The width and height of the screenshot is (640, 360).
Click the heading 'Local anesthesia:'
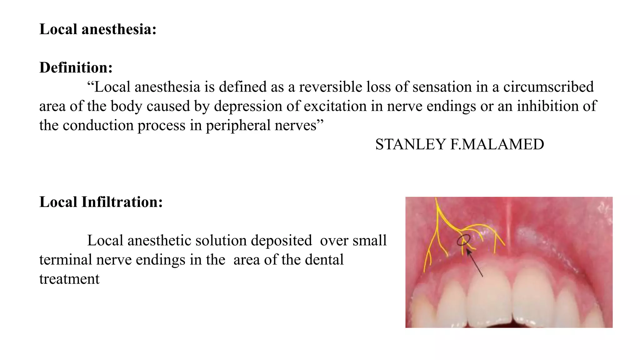(x=98, y=29)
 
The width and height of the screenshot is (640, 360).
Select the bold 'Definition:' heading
(x=76, y=67)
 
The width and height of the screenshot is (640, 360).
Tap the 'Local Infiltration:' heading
(x=101, y=202)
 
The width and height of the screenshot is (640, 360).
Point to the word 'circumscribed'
(x=548, y=87)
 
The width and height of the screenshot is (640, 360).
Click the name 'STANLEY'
(x=410, y=145)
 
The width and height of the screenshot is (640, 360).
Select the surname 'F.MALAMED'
(x=497, y=145)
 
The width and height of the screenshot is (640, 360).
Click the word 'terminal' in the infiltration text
(x=65, y=260)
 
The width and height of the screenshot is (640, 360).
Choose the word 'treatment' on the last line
(x=69, y=279)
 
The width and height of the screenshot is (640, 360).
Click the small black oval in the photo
(x=463, y=240)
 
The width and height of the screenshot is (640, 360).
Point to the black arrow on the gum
(x=475, y=262)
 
